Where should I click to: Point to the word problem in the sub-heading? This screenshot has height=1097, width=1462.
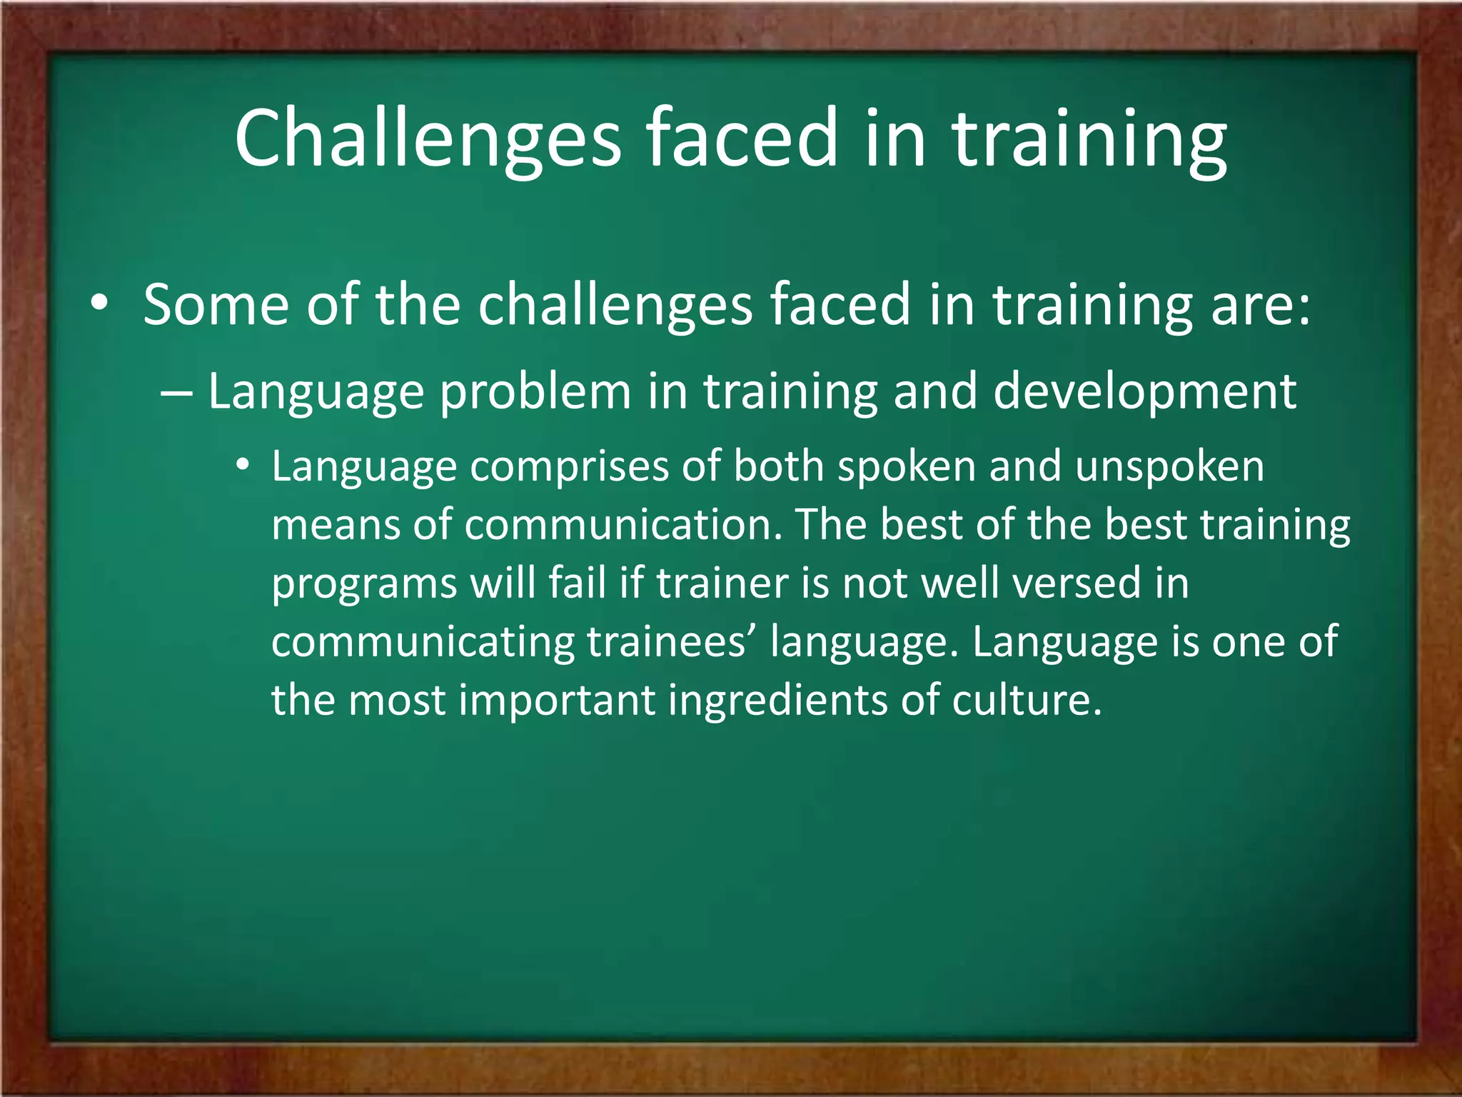535,393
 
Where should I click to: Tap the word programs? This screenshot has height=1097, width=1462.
364,585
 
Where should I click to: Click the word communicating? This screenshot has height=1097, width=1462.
423,642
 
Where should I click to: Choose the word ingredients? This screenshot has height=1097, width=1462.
777,701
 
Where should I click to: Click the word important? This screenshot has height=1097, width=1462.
557,701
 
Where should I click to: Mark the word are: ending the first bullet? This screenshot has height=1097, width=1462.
1261,306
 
